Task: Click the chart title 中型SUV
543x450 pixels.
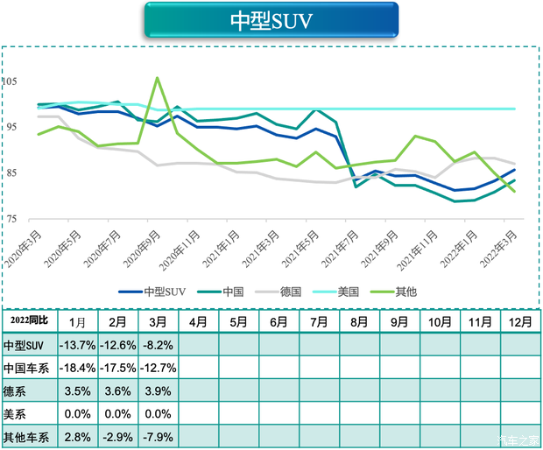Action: (x=271, y=19)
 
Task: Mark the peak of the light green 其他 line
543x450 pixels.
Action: (x=157, y=78)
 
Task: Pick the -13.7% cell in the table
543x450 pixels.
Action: (x=77, y=345)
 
